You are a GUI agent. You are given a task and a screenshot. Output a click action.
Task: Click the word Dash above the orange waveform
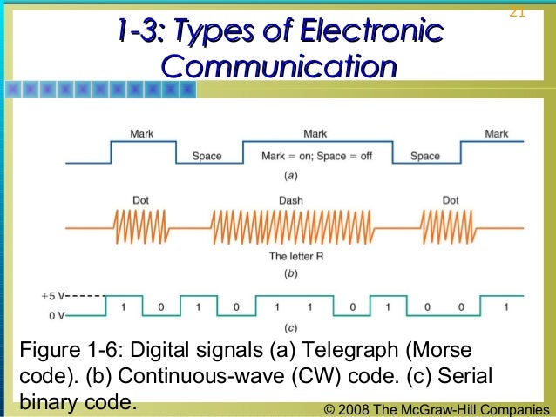coord(290,200)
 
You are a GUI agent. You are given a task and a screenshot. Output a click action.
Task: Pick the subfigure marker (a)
coord(290,175)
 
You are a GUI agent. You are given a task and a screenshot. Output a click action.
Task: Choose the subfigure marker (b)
coord(290,273)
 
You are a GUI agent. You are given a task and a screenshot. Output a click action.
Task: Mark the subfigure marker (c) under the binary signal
coord(290,328)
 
